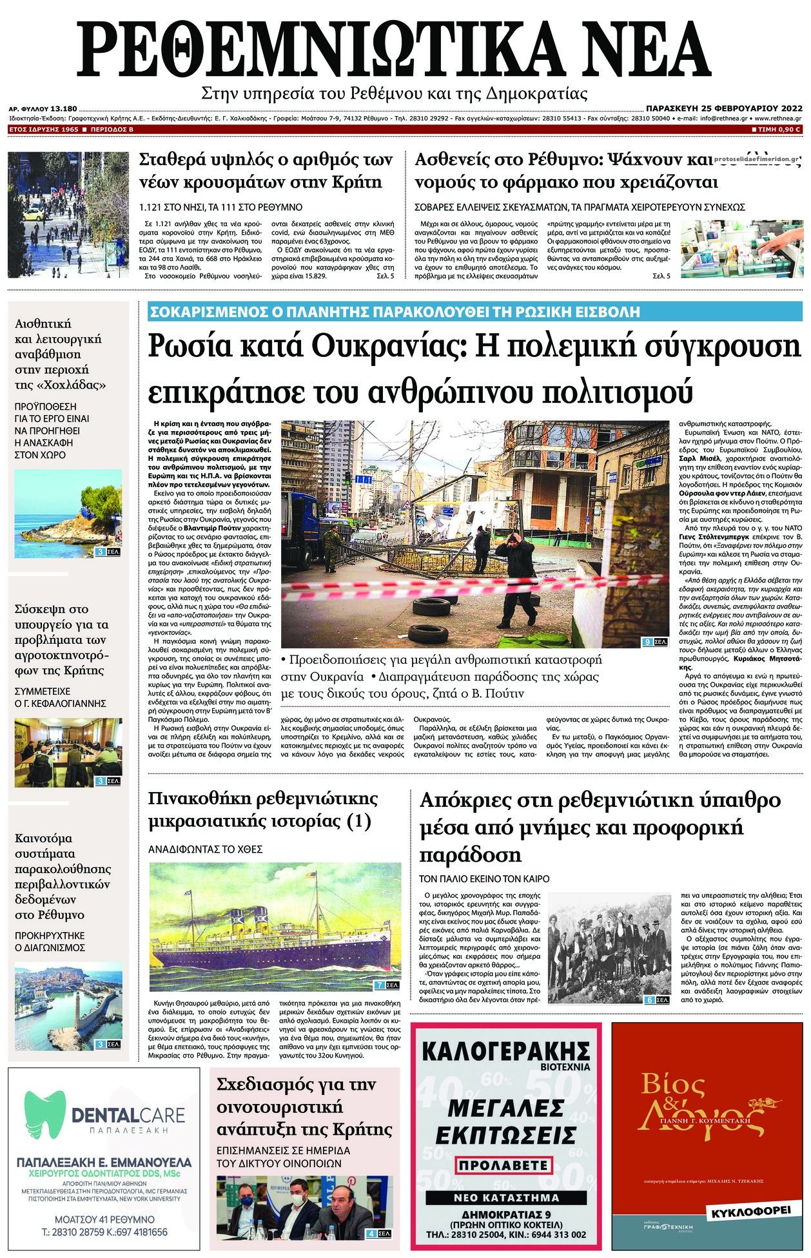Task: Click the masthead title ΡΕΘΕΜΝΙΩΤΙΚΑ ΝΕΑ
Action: pos(405,46)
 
